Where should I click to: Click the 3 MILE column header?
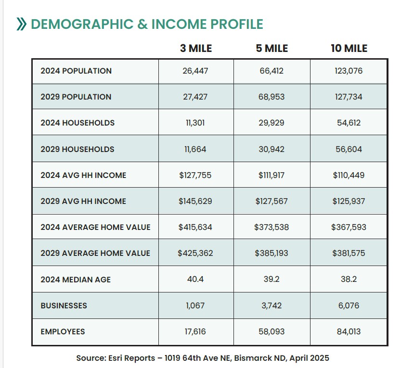pos(196,48)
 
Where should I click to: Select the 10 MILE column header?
pos(349,48)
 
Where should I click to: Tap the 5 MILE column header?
pos(272,48)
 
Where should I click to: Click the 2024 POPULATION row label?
pos(76,71)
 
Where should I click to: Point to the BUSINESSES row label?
pos(64,305)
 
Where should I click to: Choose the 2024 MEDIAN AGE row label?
pos(76,279)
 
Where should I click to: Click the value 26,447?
pos(195,71)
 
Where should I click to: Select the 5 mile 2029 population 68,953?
pos(272,97)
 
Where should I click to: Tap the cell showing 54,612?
pos(349,123)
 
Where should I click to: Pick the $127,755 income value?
pos(195,175)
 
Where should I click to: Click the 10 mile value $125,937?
pos(349,201)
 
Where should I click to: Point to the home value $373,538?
pos(272,227)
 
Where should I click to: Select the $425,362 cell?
pos(195,253)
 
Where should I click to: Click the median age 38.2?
pos(349,279)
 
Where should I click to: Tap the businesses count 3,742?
pos(272,305)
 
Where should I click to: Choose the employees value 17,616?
pos(195,331)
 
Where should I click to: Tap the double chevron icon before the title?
pos(21,24)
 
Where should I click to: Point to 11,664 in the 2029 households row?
pos(195,149)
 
